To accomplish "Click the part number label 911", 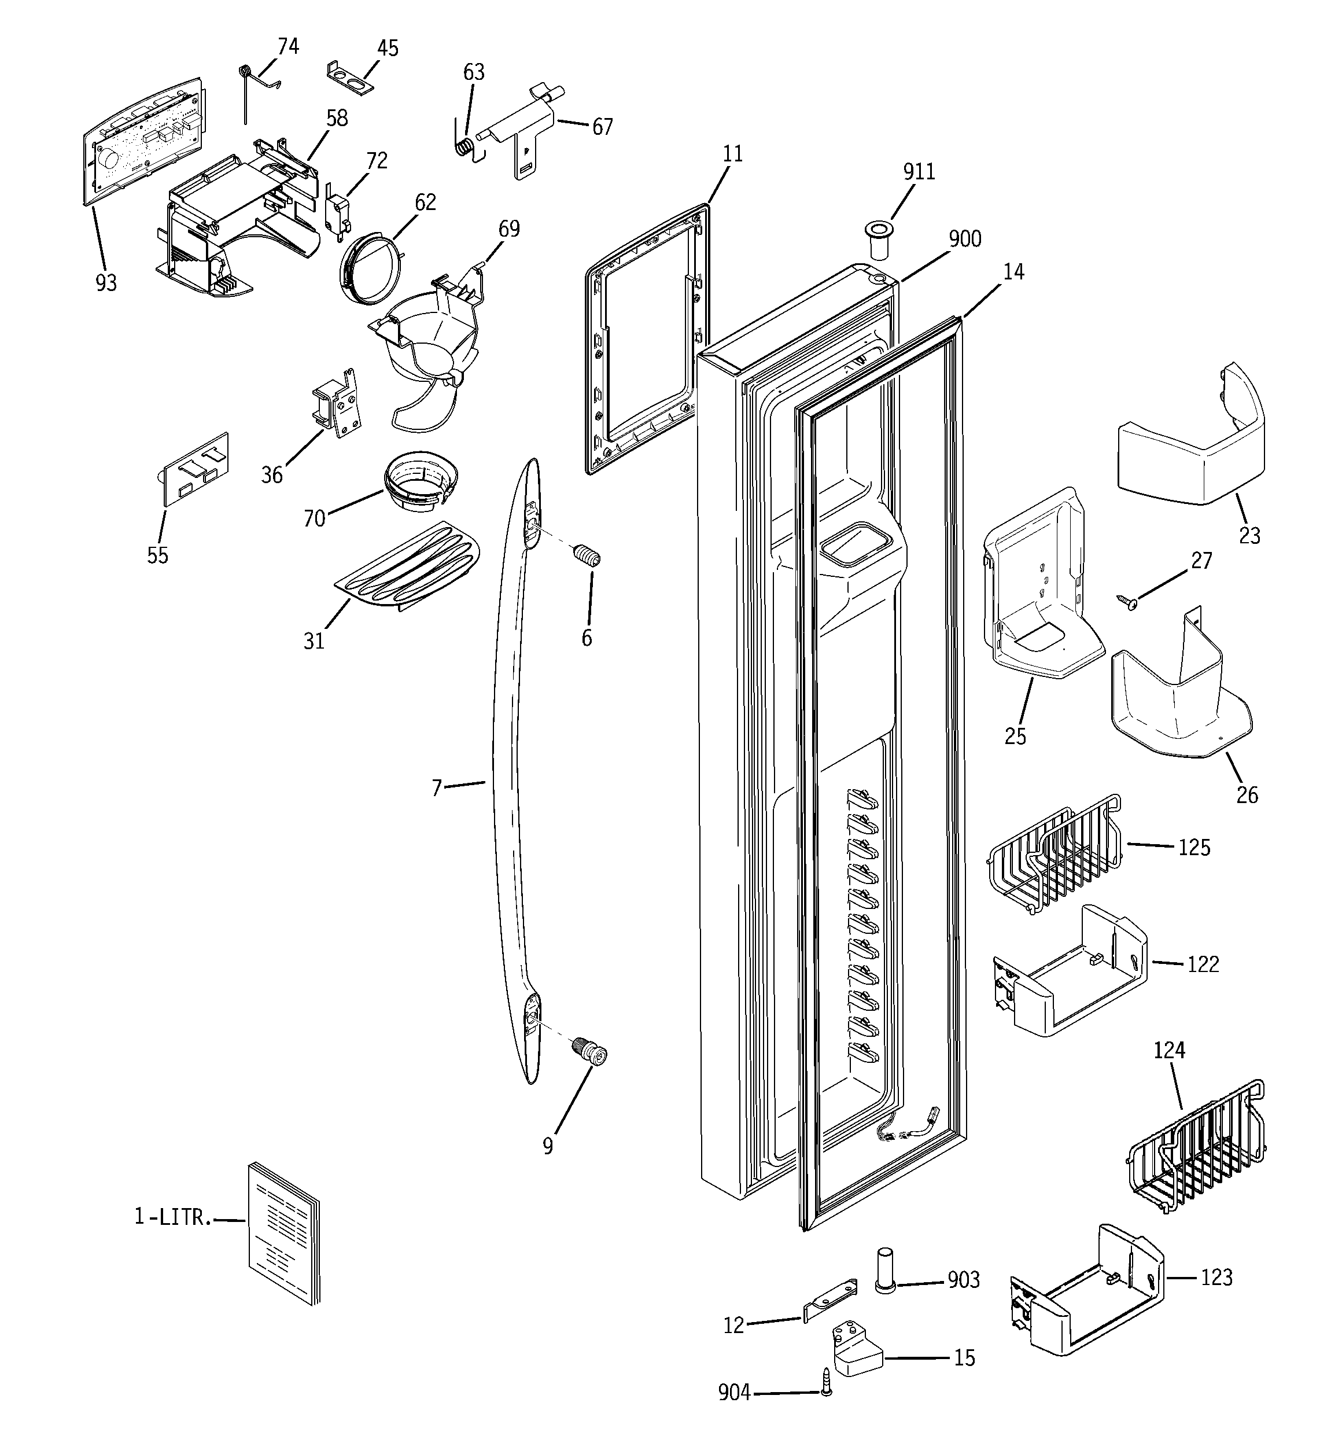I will [x=919, y=172].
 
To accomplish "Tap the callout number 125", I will [x=1193, y=848].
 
